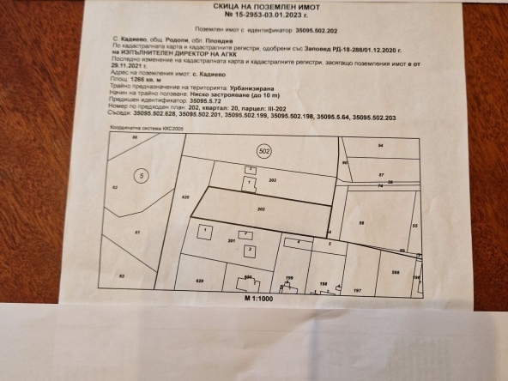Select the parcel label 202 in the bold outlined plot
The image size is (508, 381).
262,208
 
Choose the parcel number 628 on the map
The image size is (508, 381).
185,197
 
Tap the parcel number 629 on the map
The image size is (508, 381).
200,281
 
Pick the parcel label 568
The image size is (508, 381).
396,272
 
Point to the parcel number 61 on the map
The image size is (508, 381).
136,232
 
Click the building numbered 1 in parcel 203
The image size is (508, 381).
249,183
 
